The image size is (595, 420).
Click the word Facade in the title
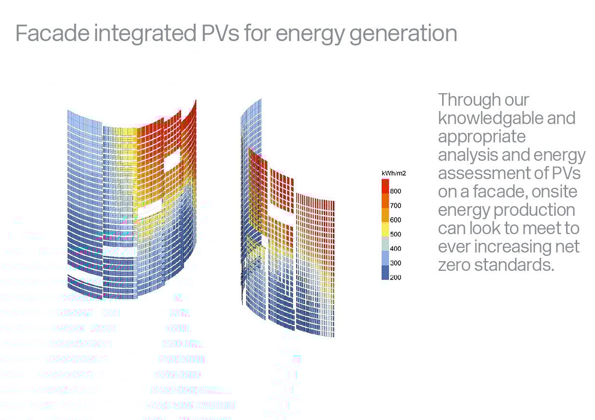[53, 33]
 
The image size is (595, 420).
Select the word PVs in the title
[220, 33]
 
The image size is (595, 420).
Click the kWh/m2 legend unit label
[393, 173]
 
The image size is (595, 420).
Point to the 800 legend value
[395, 191]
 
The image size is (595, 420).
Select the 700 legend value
[395, 205]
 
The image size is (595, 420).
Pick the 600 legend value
[395, 220]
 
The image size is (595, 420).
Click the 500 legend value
[395, 234]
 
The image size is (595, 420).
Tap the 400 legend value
[395, 249]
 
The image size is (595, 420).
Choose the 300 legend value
[395, 263]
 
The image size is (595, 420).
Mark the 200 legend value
[395, 277]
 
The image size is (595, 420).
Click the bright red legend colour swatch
[385, 186]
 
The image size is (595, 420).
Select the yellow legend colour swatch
[385, 229]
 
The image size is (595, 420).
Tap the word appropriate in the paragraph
[482, 138]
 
